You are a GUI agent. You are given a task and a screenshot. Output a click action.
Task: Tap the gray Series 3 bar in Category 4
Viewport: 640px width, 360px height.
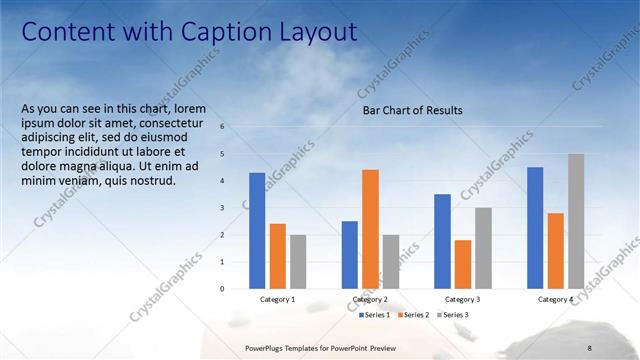[x=576, y=221]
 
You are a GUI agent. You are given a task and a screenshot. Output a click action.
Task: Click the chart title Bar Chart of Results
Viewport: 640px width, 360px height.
[x=412, y=111]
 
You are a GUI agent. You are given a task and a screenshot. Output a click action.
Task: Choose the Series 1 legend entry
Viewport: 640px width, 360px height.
[x=375, y=315]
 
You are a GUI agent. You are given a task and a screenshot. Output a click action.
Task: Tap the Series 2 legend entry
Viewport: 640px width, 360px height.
[x=416, y=315]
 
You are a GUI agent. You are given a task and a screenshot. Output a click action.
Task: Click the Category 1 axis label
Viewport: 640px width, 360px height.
[x=277, y=300]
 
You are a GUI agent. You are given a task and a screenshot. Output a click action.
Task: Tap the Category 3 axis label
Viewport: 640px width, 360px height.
[x=462, y=300]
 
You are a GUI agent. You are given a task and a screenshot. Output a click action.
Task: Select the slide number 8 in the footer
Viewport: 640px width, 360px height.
[x=589, y=347]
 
